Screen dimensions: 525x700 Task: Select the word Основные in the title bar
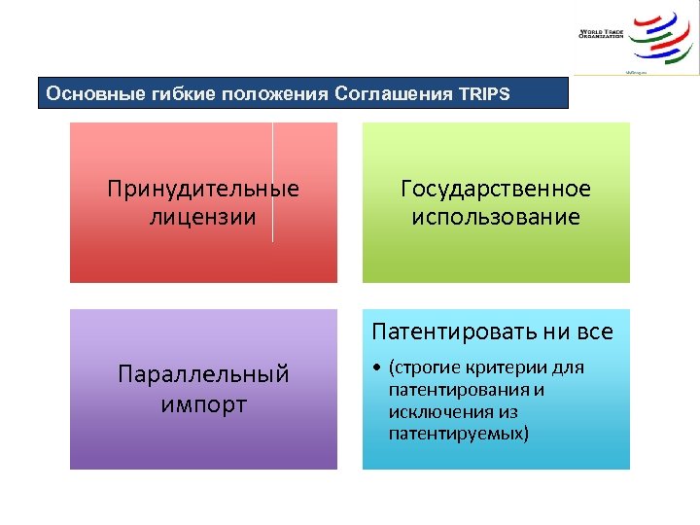[x=86, y=94]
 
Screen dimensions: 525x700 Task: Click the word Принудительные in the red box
[x=203, y=189]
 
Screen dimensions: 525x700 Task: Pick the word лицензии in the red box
[x=203, y=216]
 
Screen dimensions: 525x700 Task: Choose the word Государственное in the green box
[x=496, y=189]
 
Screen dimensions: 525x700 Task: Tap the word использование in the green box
[x=496, y=216]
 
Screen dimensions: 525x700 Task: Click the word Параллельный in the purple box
[x=203, y=373]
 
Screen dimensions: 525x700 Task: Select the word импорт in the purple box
[x=203, y=402]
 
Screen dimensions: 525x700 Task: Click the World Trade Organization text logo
[x=600, y=34]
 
